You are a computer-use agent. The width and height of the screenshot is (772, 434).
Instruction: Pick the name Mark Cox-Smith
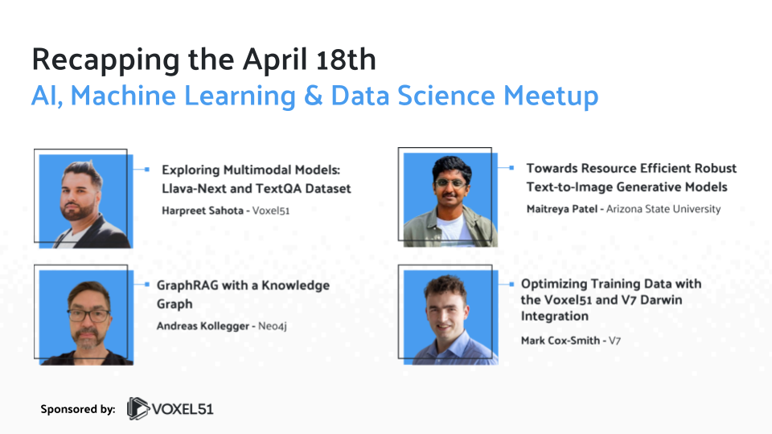click(x=560, y=340)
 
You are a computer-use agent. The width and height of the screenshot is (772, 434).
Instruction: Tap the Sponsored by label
click(x=77, y=409)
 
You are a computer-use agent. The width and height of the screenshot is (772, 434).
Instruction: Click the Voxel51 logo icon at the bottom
click(x=138, y=409)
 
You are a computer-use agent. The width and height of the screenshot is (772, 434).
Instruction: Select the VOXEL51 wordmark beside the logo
click(x=184, y=409)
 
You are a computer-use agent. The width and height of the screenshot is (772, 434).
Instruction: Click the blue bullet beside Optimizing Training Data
click(x=511, y=284)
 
